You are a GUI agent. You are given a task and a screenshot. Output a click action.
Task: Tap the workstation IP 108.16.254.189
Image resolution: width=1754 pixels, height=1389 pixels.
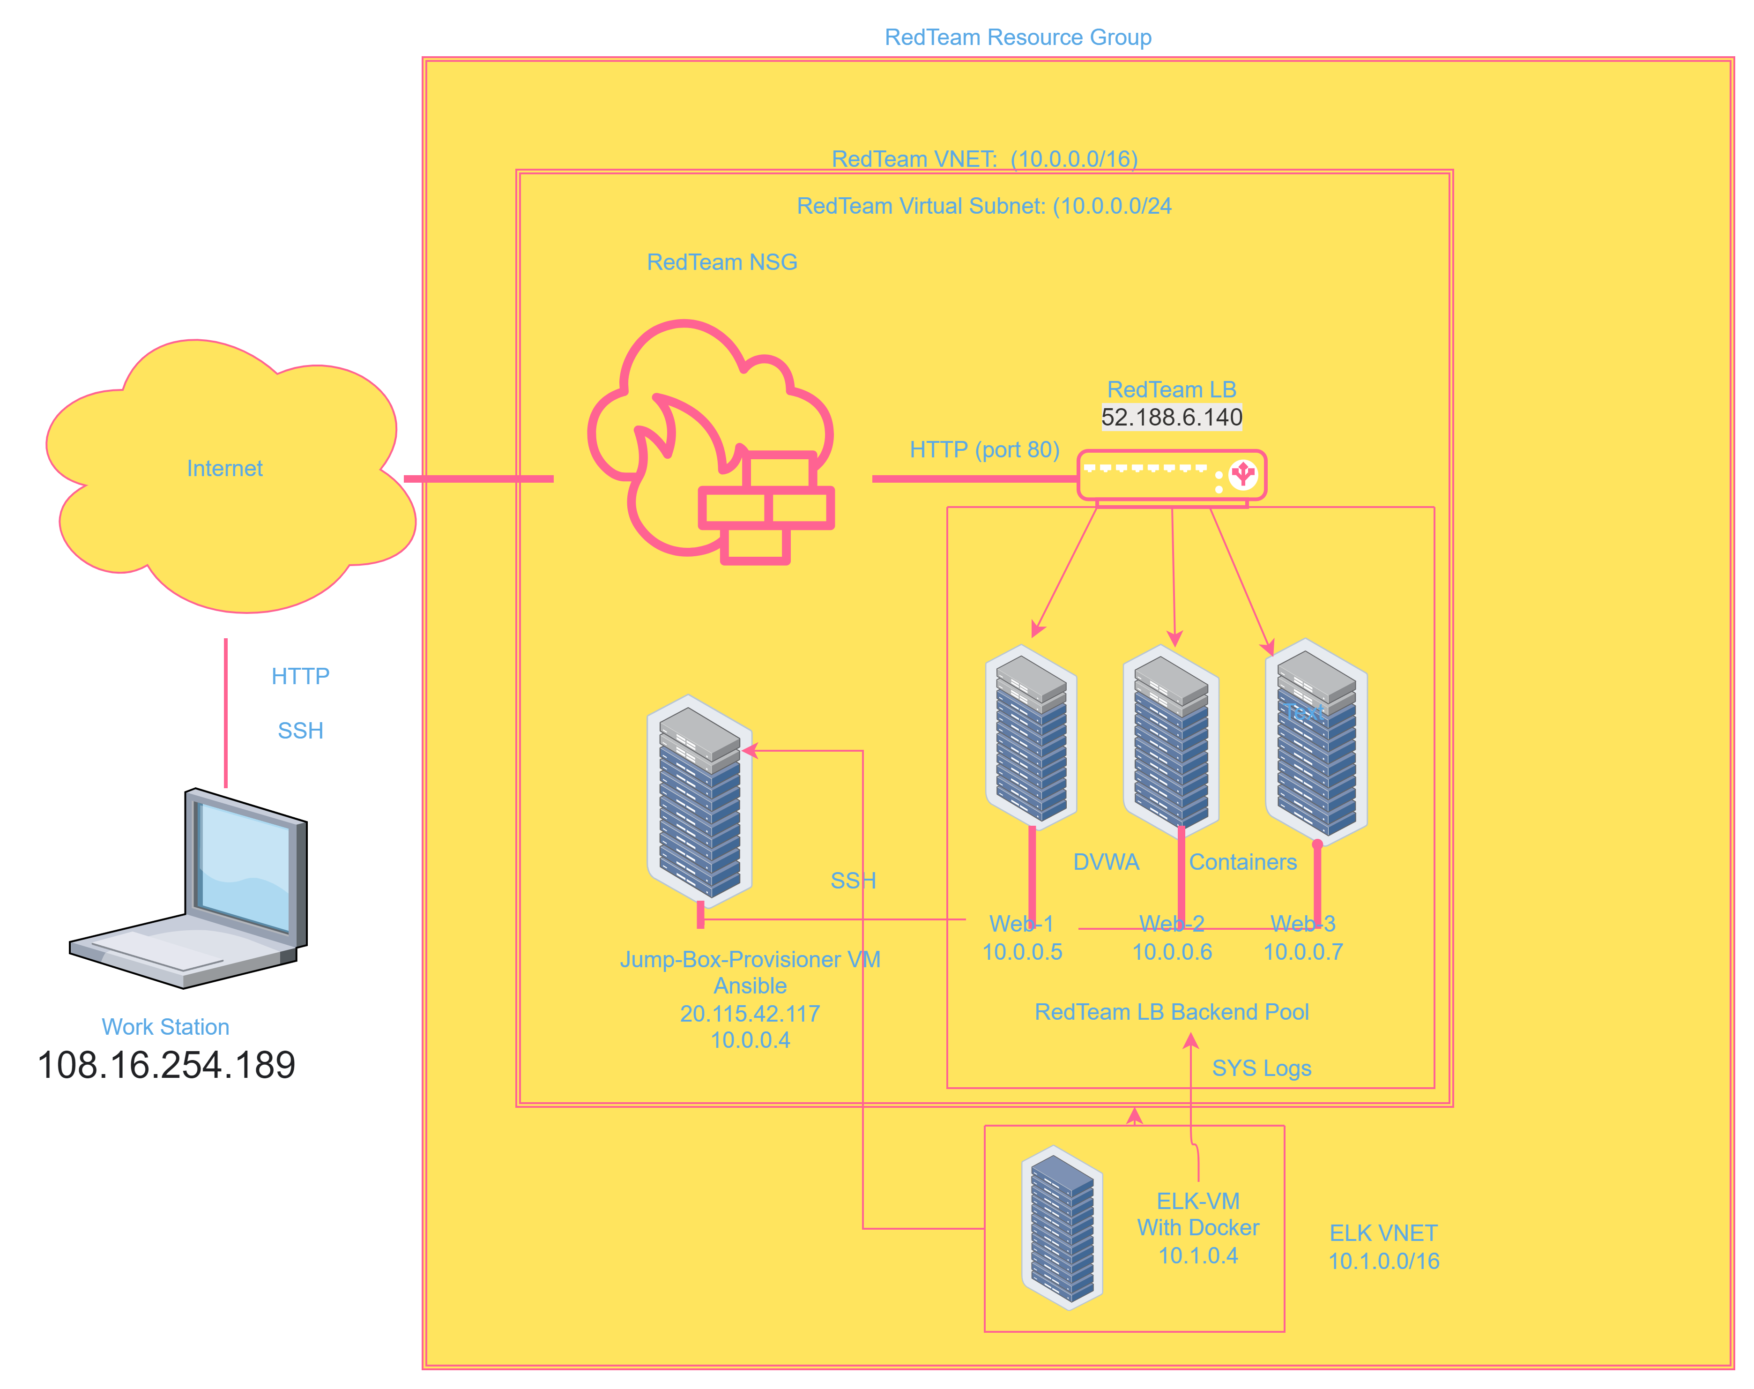pyautogui.click(x=166, y=1065)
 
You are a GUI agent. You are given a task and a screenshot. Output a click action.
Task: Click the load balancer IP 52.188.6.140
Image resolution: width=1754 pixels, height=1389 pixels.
pyautogui.click(x=1171, y=417)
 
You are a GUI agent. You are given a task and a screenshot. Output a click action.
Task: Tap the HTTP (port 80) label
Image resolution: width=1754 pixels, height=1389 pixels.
pyautogui.click(x=984, y=450)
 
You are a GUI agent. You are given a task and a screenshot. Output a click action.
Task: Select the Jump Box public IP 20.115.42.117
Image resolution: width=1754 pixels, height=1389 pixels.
pyautogui.click(x=750, y=1013)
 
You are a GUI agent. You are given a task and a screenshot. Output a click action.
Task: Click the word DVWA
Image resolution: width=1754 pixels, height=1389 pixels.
pyautogui.click(x=1106, y=862)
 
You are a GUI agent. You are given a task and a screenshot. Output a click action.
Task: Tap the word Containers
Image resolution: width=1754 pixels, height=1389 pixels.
pyautogui.click(x=1243, y=862)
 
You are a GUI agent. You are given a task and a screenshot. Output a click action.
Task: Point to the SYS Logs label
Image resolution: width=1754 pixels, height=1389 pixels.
pyautogui.click(x=1262, y=1068)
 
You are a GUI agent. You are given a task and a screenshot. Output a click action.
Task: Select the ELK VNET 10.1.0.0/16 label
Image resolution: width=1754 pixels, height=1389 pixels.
pyautogui.click(x=1383, y=1247)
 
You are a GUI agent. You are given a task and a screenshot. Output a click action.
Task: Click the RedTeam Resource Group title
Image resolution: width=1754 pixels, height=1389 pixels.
pyautogui.click(x=1018, y=37)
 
